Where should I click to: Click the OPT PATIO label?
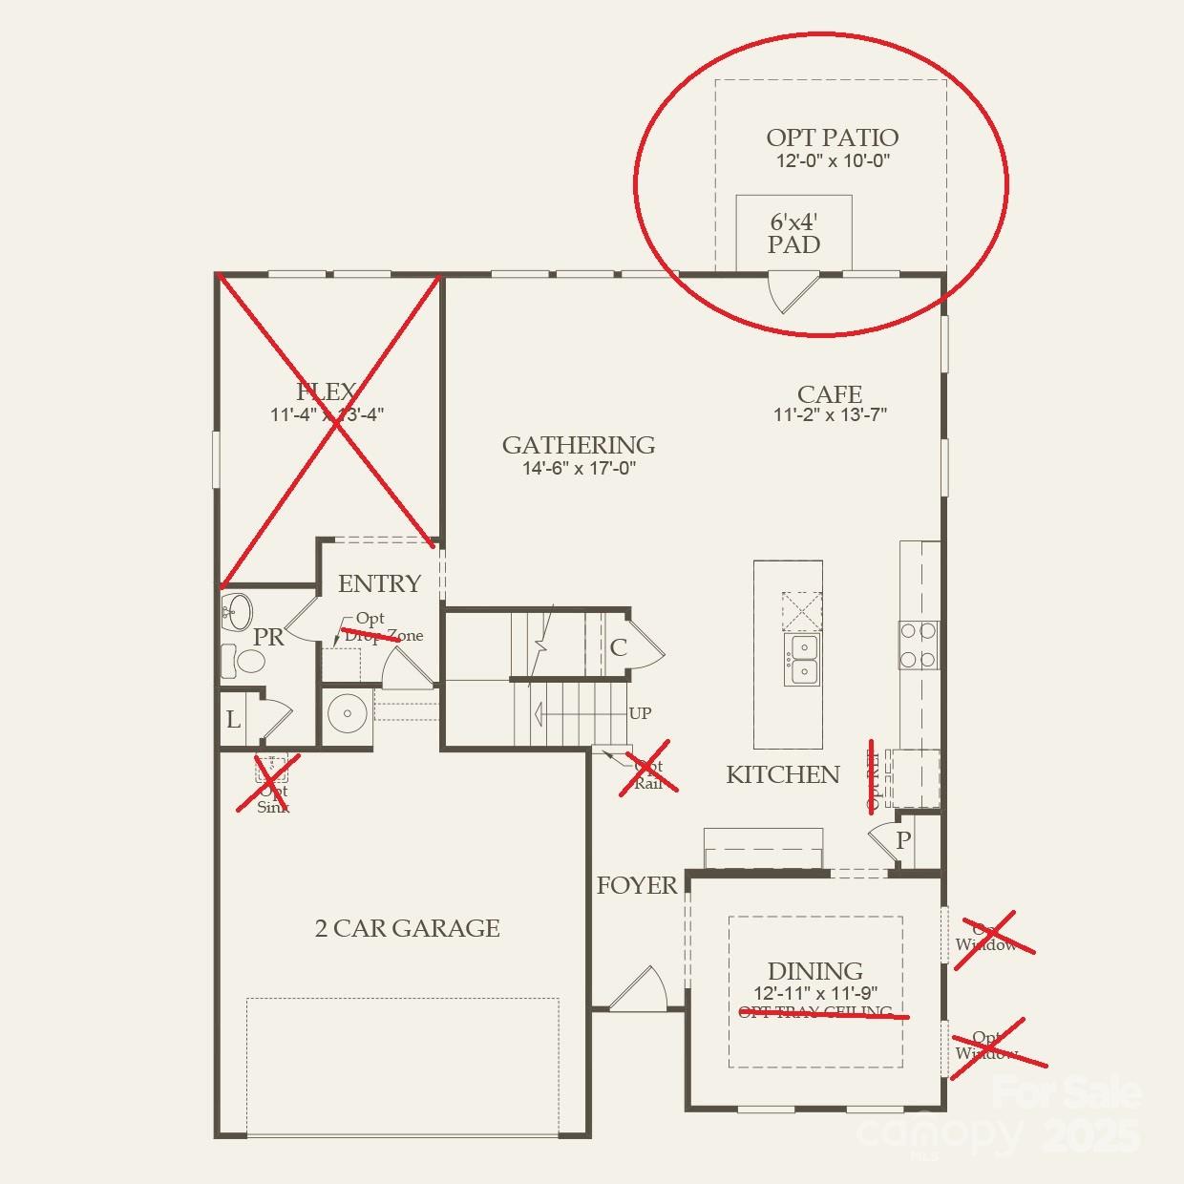click(x=832, y=137)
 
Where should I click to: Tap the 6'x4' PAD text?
click(x=794, y=233)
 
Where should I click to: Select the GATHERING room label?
click(x=579, y=445)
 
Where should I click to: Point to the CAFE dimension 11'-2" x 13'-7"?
click(x=831, y=415)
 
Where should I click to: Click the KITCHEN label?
click(x=783, y=774)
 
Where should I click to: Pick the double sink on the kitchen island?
click(x=802, y=660)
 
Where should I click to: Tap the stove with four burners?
click(x=919, y=645)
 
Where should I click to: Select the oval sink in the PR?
click(x=236, y=611)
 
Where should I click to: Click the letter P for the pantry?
click(x=903, y=840)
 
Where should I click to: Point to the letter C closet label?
click(x=618, y=648)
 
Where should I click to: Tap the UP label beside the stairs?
click(x=641, y=713)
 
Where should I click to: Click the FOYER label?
click(x=637, y=886)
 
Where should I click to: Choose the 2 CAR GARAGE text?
click(x=408, y=928)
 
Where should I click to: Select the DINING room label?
click(x=814, y=971)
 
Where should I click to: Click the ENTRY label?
click(x=379, y=583)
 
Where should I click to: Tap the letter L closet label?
click(x=233, y=720)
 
